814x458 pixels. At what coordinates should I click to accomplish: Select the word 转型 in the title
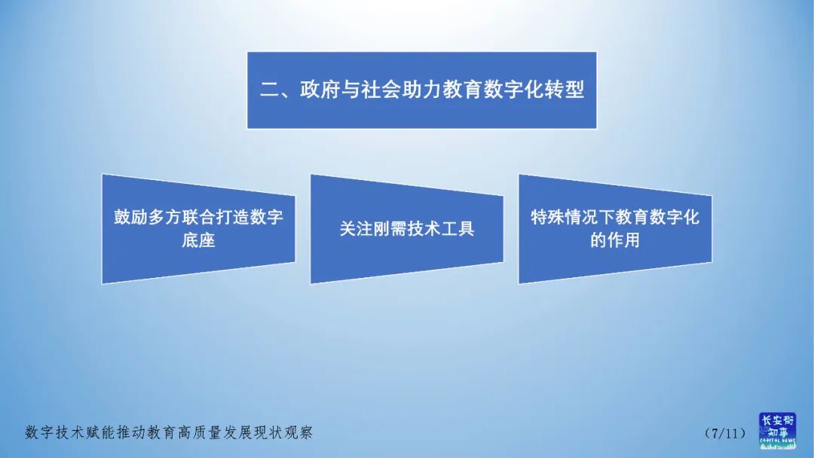(x=566, y=90)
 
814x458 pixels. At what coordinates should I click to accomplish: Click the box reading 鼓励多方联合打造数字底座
(x=198, y=229)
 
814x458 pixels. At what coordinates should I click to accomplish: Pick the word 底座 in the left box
(x=198, y=241)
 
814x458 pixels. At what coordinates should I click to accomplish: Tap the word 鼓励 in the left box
(x=130, y=217)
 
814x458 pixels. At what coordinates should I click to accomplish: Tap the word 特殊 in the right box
(x=547, y=217)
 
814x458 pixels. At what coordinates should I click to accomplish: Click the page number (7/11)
(x=725, y=433)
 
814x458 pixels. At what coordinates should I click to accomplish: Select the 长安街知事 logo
(x=776, y=431)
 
